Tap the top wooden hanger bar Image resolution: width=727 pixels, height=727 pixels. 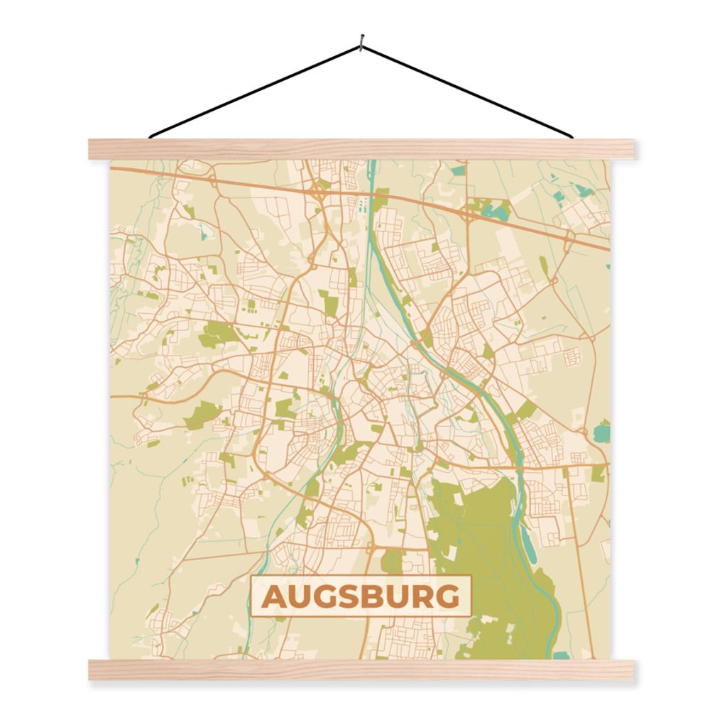362,149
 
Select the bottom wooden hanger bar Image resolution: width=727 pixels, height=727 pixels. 362,669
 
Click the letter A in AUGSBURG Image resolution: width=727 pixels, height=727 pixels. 273,597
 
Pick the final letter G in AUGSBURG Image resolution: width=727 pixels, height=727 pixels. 448,597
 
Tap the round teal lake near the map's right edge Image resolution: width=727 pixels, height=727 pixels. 603,431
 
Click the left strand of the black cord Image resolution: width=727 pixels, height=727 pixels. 256,90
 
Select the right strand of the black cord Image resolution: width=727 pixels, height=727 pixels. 469,90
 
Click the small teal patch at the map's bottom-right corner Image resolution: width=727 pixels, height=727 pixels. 561,655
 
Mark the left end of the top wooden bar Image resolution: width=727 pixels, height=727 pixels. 96,149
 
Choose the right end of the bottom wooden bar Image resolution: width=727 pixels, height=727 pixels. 628,669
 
